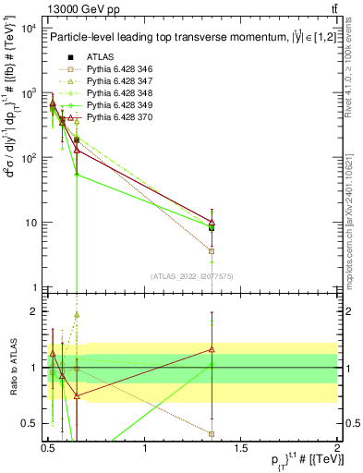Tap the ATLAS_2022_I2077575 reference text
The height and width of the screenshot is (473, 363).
[192, 276]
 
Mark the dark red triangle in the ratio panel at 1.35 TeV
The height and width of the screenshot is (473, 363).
[212, 349]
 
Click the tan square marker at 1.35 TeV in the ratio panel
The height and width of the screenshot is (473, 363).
[212, 433]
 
